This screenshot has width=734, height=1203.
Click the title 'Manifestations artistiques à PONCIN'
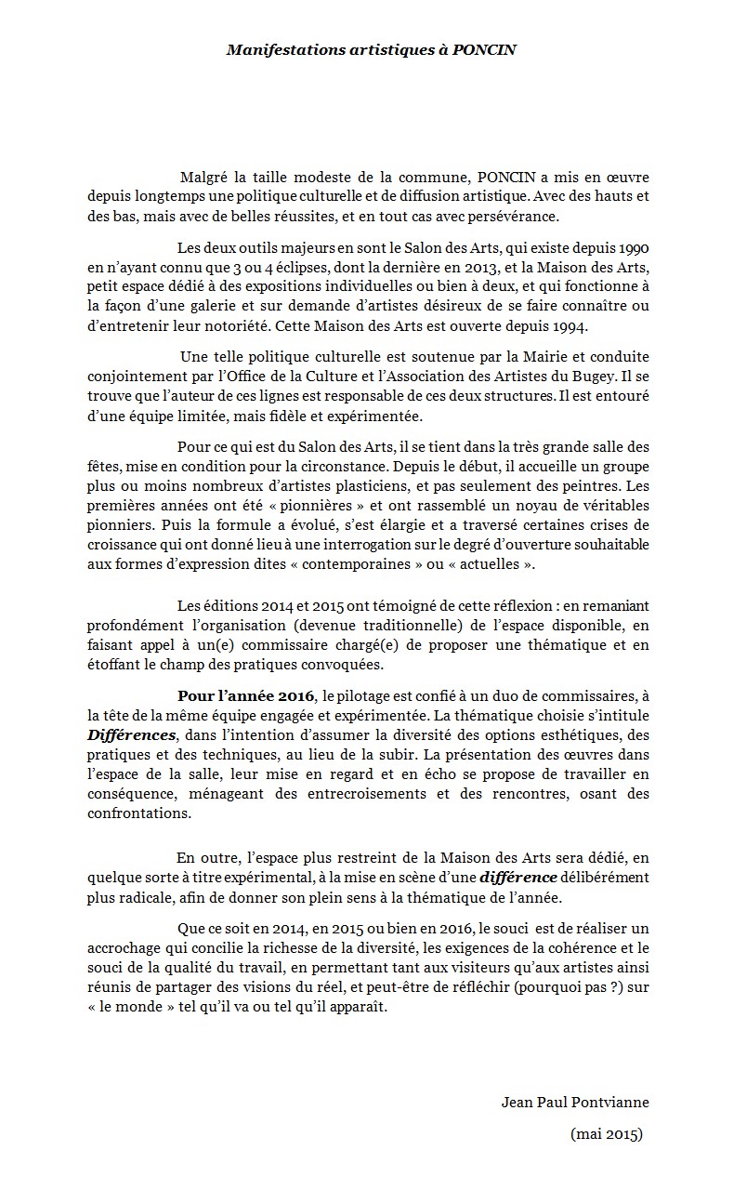[x=372, y=50]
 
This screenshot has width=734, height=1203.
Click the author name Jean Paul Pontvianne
[x=575, y=1103]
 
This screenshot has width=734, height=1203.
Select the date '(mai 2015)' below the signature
[x=607, y=1133]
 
